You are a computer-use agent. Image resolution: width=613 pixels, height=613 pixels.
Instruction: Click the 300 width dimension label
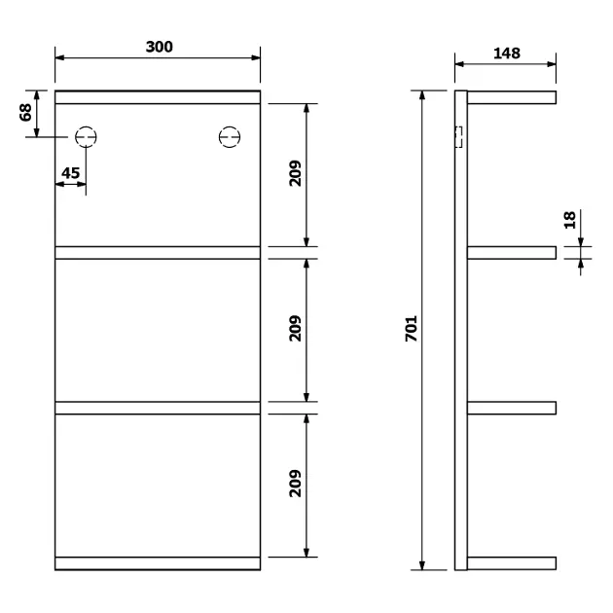(160, 47)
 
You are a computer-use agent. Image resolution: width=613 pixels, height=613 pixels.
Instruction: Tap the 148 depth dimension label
(507, 54)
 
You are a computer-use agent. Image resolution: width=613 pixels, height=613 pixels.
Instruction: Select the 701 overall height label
(412, 329)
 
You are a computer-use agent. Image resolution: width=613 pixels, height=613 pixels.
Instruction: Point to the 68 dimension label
(25, 112)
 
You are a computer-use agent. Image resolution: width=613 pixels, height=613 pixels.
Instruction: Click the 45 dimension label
(70, 173)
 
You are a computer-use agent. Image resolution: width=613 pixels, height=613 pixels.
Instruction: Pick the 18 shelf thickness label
(569, 220)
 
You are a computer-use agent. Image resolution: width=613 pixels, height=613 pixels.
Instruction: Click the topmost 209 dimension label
(295, 173)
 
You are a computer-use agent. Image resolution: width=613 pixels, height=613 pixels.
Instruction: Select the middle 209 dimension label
(295, 329)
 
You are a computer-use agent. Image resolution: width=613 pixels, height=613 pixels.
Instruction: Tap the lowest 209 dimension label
(295, 484)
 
